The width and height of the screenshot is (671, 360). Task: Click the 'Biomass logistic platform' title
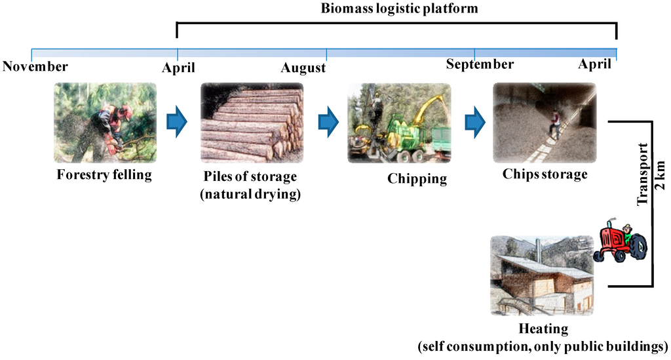(399, 9)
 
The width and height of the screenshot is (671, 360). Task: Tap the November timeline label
(35, 66)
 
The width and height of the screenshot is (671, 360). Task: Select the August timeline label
(303, 68)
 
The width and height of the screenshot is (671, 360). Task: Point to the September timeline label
(480, 64)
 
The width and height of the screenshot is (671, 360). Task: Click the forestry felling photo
(105, 123)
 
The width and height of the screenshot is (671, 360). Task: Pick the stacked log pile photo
(252, 123)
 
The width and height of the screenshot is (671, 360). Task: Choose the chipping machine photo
(399, 123)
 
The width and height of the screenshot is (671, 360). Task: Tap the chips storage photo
(545, 123)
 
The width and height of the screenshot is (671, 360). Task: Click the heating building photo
(541, 275)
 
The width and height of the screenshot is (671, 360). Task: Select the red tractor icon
(620, 242)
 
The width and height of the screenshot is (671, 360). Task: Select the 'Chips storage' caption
(545, 174)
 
